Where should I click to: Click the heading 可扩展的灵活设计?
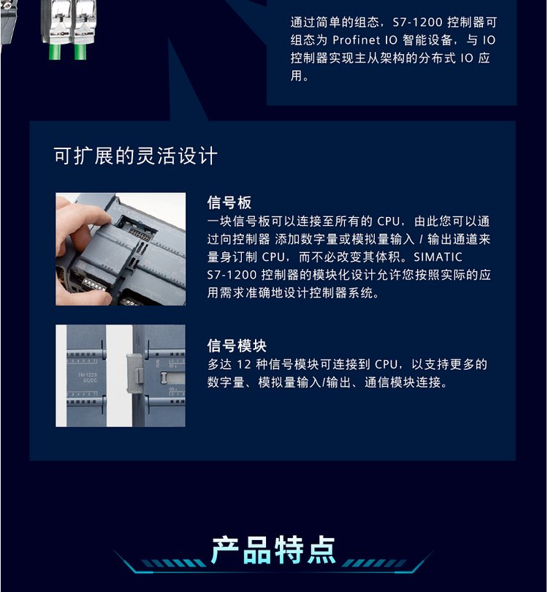click(x=135, y=156)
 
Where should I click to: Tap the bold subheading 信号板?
click(x=229, y=202)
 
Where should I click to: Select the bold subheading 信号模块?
click(x=237, y=346)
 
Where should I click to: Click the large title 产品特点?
click(x=273, y=550)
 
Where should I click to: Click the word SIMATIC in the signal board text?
click(x=438, y=257)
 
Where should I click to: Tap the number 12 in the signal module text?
click(x=244, y=365)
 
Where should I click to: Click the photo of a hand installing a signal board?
click(x=121, y=249)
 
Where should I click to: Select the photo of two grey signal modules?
click(x=121, y=376)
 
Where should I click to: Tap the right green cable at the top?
click(x=80, y=52)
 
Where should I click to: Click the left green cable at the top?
click(x=55, y=52)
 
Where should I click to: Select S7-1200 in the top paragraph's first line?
click(x=417, y=22)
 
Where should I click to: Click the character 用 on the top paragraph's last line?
click(x=296, y=76)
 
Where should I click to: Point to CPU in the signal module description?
click(x=386, y=365)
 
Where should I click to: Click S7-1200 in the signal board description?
click(x=232, y=275)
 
